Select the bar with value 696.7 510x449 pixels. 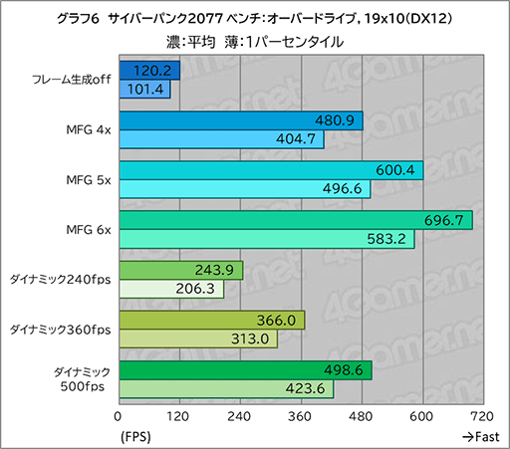[x=295, y=220]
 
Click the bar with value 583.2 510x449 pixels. [x=266, y=239]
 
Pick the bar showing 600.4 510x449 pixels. [x=271, y=170]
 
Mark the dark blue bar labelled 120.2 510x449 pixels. [x=149, y=71]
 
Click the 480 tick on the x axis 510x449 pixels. [x=362, y=416]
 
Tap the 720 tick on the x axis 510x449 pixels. [x=483, y=416]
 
